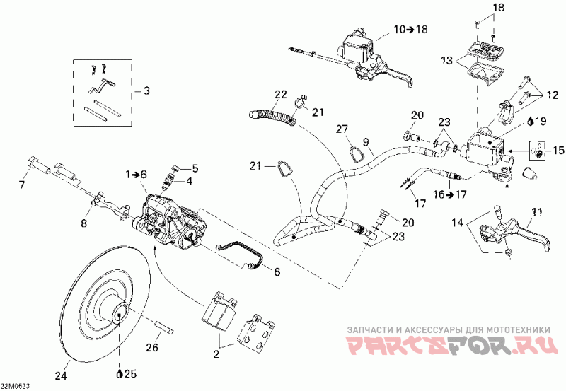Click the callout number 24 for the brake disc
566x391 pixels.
[61, 375]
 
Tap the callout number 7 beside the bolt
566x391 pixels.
[23, 185]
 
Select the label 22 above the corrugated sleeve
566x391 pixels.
[280, 94]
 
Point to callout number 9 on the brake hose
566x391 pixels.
[366, 141]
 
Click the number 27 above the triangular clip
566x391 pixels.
[342, 129]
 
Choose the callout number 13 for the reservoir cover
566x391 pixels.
[447, 60]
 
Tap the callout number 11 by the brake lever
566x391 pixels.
[538, 211]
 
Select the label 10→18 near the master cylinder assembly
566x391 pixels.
[410, 29]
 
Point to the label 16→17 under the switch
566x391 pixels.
[450, 194]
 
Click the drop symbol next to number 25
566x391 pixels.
[120, 374]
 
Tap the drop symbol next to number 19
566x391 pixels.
[531, 122]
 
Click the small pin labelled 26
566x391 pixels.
[166, 327]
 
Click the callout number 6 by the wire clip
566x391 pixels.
[277, 272]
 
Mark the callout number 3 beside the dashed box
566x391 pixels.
[146, 91]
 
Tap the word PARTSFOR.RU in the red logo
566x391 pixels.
[452, 344]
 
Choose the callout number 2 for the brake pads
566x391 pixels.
[216, 354]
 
